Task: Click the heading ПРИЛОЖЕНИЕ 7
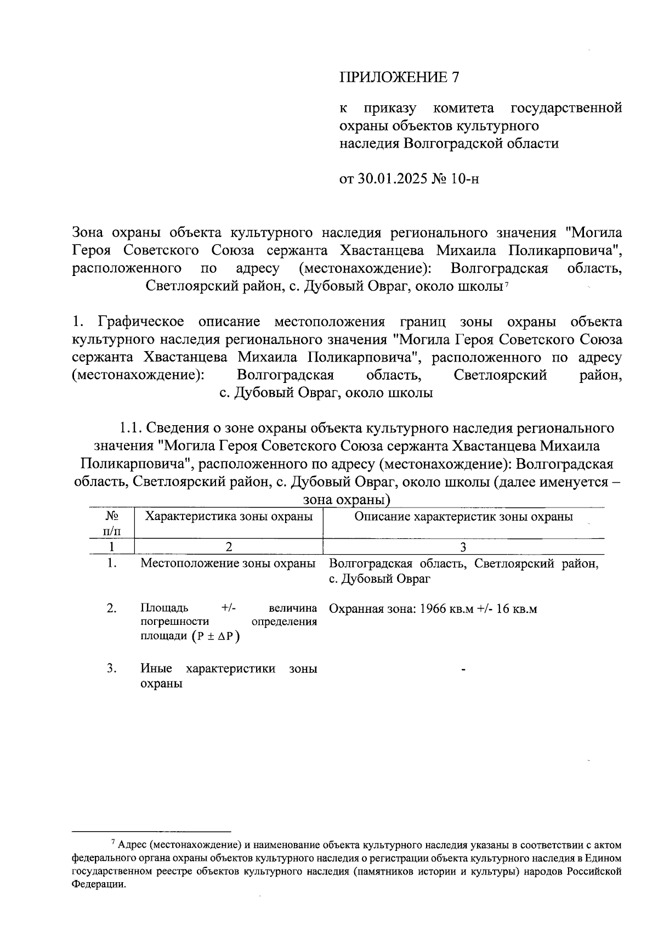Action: (399, 77)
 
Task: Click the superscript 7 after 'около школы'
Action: (508, 284)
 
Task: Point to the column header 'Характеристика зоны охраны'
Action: (229, 517)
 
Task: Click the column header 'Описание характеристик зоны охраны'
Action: (464, 517)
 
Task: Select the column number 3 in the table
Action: (463, 547)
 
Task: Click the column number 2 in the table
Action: (229, 547)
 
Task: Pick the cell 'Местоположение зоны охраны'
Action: (229, 563)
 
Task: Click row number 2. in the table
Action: (112, 608)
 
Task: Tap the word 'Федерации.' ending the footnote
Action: (99, 884)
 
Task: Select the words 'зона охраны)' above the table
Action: (347, 500)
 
